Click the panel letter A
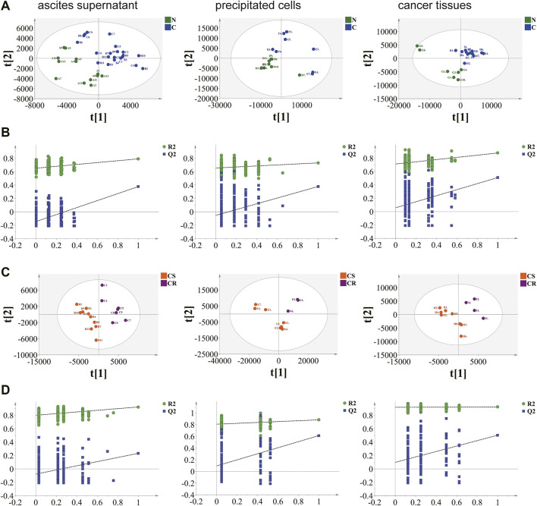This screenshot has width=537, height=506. coord(7,6)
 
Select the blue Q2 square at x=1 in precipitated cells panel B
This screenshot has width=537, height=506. coord(318,186)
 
